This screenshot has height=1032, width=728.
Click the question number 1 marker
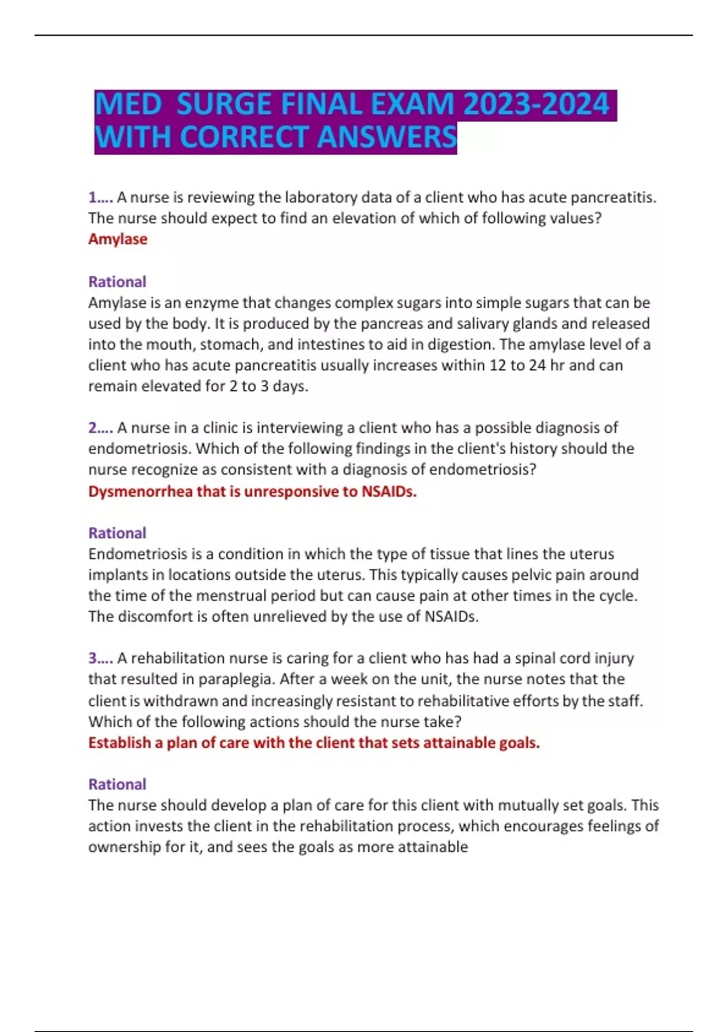pos(100,197)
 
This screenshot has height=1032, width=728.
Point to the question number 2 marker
pos(100,428)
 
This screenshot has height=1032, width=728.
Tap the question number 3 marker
pos(100,658)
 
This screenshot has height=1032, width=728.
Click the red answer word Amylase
pos(118,239)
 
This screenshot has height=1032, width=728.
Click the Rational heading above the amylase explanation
pos(117,282)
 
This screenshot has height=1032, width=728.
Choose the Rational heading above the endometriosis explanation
pos(117,533)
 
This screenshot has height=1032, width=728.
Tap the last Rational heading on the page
pos(117,784)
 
